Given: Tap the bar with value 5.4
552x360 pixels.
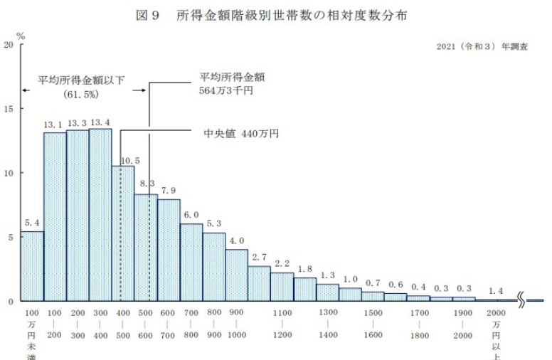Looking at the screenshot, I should [x=32, y=266].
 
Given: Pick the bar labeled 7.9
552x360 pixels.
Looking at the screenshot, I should [x=169, y=250].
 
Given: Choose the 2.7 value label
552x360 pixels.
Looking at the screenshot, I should [x=259, y=257].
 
